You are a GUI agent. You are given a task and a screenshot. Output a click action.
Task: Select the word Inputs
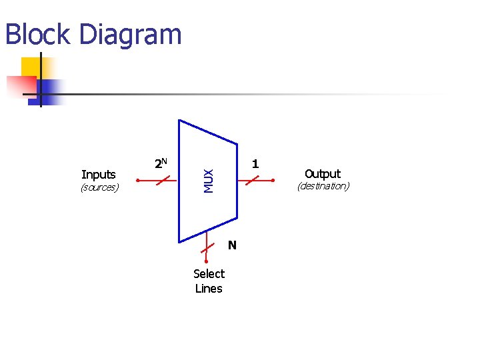click(x=99, y=175)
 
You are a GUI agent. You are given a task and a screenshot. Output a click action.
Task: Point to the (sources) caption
click(x=99, y=187)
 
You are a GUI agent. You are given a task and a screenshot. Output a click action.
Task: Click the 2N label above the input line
click(x=161, y=163)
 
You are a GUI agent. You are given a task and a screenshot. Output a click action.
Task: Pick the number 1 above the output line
click(x=255, y=163)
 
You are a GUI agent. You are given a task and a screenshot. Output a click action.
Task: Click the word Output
click(x=323, y=174)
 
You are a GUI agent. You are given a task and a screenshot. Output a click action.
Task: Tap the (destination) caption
click(x=323, y=186)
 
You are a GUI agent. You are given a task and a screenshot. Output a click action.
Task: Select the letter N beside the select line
click(x=232, y=245)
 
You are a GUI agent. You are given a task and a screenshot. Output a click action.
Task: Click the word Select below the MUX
click(x=209, y=273)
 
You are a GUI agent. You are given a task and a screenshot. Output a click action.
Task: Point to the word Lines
click(x=209, y=289)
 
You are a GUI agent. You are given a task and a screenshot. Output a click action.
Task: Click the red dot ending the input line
click(x=137, y=180)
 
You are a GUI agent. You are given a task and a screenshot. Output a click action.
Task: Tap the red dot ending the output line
click(x=273, y=180)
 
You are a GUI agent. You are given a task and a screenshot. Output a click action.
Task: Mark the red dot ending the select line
click(x=207, y=261)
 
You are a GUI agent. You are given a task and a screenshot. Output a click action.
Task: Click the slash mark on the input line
click(x=162, y=180)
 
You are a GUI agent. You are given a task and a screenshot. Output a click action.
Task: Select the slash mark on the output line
click(x=251, y=180)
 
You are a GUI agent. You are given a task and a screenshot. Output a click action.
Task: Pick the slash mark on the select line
click(x=207, y=250)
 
